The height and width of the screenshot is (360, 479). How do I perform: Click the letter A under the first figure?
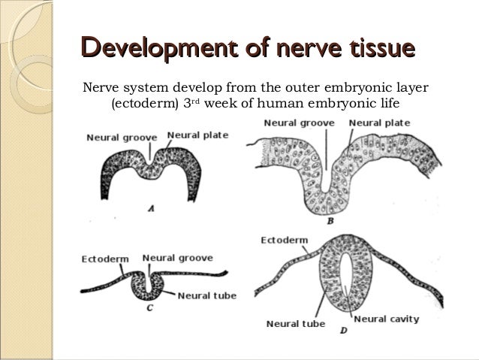coord(150,209)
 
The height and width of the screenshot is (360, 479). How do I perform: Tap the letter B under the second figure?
coord(330,222)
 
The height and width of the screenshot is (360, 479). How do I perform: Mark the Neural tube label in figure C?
coord(208,295)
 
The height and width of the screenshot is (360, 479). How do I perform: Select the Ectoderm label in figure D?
coord(284,241)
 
